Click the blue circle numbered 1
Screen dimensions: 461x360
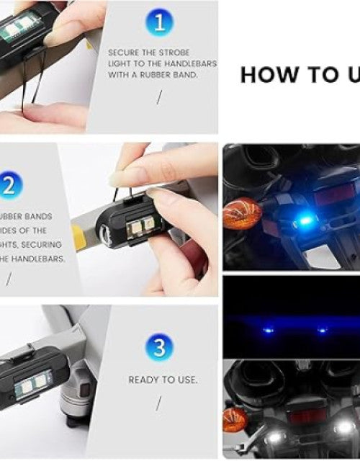tap(159, 22)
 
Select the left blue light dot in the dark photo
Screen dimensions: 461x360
tap(268, 331)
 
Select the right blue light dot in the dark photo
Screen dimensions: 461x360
tap(322, 331)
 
